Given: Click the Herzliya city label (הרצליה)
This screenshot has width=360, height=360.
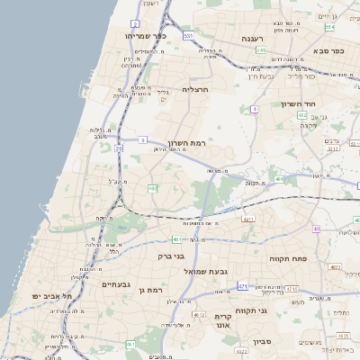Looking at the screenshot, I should coord(195,89).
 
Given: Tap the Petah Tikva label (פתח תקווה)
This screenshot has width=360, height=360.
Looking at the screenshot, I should coord(289,257).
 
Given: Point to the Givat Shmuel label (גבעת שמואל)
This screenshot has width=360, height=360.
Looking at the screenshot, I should coord(209,271).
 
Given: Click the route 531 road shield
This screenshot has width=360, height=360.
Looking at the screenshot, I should coord(188,35).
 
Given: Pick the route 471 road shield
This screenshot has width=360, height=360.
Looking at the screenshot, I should coord(243,286).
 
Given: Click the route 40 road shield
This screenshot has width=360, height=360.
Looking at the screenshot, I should coord(316,229).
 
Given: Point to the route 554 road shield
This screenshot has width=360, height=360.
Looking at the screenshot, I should coord(329,27).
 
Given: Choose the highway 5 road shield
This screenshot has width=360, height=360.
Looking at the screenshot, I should coord(143,139).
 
